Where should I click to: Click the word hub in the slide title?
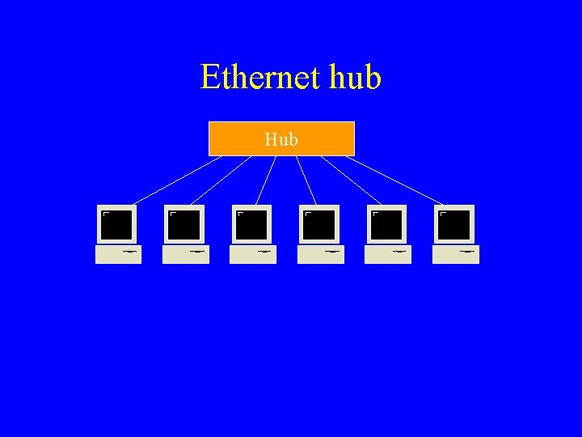click(355, 78)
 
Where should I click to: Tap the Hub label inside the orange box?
click(281, 139)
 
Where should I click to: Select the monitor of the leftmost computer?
click(117, 224)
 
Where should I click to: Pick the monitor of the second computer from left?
click(184, 224)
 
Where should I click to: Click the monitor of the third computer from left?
click(252, 224)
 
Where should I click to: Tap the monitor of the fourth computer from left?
click(319, 224)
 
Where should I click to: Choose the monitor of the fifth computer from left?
click(387, 224)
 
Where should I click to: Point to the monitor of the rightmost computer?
click(455, 224)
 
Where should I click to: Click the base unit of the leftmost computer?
click(118, 254)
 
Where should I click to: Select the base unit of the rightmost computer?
click(456, 254)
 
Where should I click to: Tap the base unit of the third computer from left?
click(253, 254)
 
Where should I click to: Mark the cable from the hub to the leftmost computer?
click(176, 180)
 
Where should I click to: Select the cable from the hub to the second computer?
click(221, 180)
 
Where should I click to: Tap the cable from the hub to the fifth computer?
click(352, 180)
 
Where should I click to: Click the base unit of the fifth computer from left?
click(388, 254)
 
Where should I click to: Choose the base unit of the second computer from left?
click(186, 254)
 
